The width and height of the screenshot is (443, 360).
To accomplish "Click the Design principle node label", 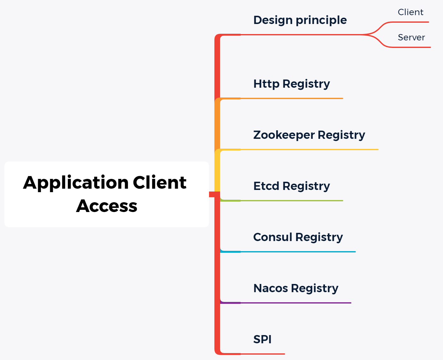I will tap(300, 20).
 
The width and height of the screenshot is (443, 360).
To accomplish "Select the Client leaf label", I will tap(410, 12).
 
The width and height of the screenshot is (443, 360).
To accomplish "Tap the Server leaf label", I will tap(411, 38).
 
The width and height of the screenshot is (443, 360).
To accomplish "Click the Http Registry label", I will tap(291, 84).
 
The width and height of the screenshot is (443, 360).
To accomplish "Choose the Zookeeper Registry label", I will tap(309, 135).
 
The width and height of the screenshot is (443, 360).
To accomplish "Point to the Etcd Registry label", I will tap(291, 186).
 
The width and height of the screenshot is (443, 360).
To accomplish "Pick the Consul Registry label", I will tap(298, 237).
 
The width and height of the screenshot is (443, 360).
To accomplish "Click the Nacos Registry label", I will tap(296, 288).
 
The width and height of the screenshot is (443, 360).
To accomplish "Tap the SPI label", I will tap(262, 339).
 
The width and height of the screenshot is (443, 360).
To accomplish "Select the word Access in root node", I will tap(107, 206).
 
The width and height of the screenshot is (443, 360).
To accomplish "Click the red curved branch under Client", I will tap(410, 22).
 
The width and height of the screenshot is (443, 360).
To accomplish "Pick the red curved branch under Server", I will tap(410, 47).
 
